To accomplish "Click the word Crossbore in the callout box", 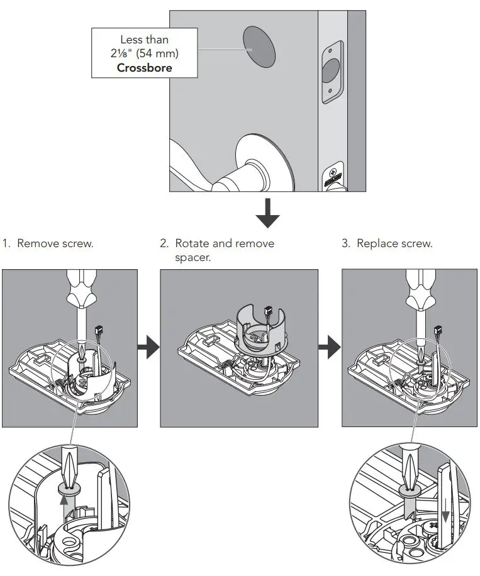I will point(144,67).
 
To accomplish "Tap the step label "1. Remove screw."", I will point(48,243).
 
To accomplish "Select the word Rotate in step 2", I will point(194,243).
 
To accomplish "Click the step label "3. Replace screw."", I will point(387,243).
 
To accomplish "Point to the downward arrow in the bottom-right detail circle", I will point(447,515).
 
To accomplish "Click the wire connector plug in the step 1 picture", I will point(98,331).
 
